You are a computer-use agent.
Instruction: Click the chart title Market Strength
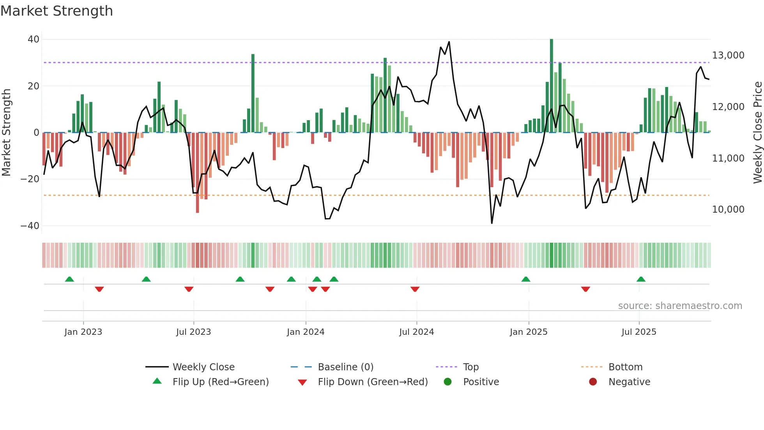tap(57, 11)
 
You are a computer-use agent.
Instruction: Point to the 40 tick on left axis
tap(34, 39)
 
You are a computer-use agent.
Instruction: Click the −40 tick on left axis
tap(30, 226)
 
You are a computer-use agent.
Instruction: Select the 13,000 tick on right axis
tap(728, 55)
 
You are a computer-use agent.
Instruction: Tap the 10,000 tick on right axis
tap(728, 210)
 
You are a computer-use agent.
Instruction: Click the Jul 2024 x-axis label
tap(416, 332)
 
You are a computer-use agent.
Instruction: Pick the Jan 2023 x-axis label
tap(83, 332)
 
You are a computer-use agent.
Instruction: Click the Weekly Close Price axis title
tap(757, 133)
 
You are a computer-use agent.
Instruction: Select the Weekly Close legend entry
tap(203, 367)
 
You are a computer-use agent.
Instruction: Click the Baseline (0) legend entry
tap(345, 367)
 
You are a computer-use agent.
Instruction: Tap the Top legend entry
tap(470, 367)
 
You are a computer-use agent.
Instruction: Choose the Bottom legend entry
tap(625, 367)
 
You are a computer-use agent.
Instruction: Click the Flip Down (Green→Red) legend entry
tap(372, 382)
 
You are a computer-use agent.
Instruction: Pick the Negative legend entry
tap(629, 382)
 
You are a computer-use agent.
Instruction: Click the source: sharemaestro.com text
tap(680, 306)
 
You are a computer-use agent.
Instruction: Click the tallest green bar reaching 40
tap(552, 86)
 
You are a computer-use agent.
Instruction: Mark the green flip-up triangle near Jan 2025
tap(526, 279)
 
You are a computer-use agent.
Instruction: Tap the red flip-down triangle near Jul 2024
tap(415, 289)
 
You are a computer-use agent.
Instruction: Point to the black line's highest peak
tap(449, 42)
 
